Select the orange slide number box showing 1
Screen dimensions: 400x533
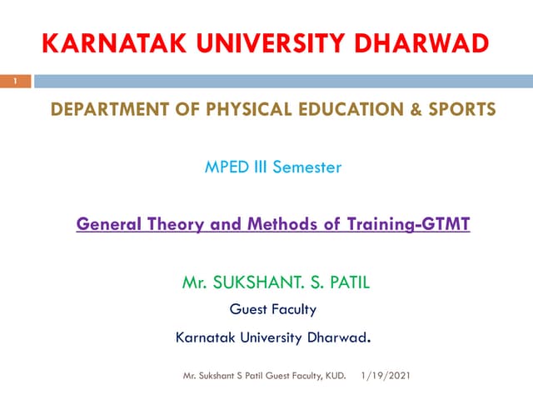click(14, 81)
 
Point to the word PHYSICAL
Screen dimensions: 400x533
click(219, 110)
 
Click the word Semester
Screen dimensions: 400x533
click(310, 167)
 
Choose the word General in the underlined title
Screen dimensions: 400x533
click(107, 224)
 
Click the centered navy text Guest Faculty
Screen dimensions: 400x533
click(273, 310)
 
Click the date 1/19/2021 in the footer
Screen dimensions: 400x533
click(386, 377)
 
